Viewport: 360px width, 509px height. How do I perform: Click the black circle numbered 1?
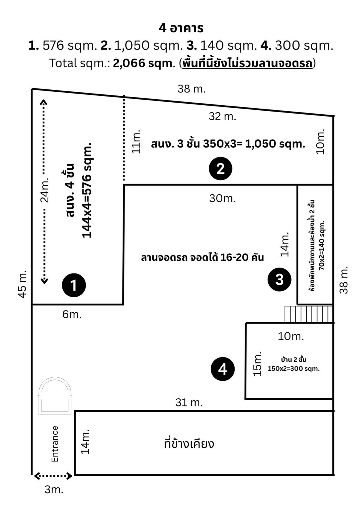click(74, 285)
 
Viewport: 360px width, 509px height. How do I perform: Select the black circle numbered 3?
click(279, 280)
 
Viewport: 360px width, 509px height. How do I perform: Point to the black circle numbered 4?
click(223, 369)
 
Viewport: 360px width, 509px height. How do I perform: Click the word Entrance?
click(55, 444)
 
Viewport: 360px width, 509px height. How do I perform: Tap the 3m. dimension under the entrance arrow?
click(54, 490)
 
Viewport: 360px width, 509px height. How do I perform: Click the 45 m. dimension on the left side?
click(23, 284)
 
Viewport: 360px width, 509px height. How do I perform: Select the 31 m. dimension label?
click(189, 402)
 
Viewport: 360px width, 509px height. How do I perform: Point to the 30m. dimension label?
click(222, 198)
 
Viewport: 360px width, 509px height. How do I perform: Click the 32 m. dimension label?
click(222, 116)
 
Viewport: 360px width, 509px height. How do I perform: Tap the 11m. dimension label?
click(136, 142)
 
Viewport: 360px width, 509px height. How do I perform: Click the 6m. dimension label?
click(72, 314)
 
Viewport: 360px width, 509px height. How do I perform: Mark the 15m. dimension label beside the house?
click(257, 364)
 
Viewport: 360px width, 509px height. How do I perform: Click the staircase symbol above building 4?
click(309, 314)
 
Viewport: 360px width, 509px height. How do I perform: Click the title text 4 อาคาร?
click(181, 28)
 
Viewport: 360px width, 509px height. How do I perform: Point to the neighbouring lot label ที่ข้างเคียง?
click(189, 444)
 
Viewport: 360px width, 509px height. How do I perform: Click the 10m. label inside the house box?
click(291, 336)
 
